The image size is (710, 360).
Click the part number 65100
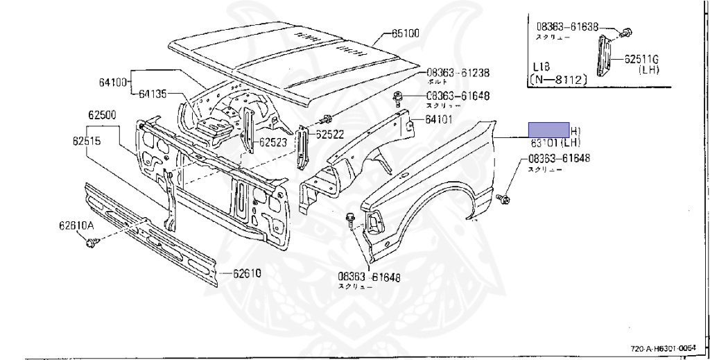(x=406, y=33)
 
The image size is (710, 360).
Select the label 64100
(x=114, y=82)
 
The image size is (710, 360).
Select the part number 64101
(x=439, y=119)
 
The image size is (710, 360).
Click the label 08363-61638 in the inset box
(x=567, y=28)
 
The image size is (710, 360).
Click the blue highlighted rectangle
(x=549, y=129)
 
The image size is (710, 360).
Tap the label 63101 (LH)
(x=555, y=143)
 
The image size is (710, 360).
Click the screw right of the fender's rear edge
(x=504, y=199)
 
